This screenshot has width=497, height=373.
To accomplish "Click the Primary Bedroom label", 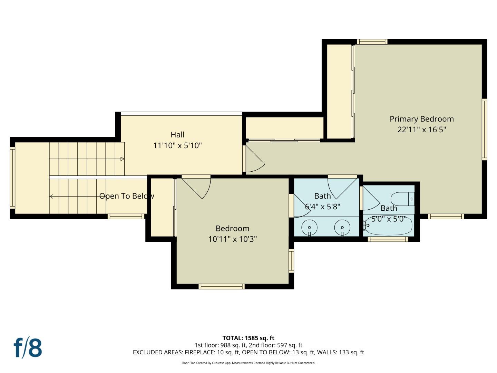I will tap(421, 119).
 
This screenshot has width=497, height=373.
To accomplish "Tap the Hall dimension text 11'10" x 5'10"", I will tap(177, 145).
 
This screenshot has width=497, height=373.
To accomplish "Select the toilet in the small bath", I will tap(402, 199).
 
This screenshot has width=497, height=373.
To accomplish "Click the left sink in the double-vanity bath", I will tap(309, 228).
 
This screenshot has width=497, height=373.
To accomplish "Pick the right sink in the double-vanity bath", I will tap(342, 228).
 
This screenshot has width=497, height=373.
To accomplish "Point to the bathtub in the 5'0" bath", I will tap(389, 228).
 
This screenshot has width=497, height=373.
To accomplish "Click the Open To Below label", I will tap(127, 196).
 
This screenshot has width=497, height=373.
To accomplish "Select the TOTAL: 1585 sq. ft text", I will tap(248, 338).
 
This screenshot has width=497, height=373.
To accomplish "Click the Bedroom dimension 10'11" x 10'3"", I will tap(232, 239).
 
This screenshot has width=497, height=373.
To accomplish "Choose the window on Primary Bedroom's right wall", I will tap(484, 129).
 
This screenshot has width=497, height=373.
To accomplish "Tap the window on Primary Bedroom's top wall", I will tap(372, 42).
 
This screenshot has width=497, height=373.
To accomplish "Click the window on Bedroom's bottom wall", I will tap(222, 286).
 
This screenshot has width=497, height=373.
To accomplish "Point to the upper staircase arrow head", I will tap(122, 159).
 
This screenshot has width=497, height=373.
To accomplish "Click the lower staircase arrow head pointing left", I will tap(51, 197).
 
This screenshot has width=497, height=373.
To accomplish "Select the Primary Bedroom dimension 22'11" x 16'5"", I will tap(421, 130).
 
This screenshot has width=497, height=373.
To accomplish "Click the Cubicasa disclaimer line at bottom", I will tap(248, 363).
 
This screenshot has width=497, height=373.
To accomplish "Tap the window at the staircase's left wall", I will tap(12, 178).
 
